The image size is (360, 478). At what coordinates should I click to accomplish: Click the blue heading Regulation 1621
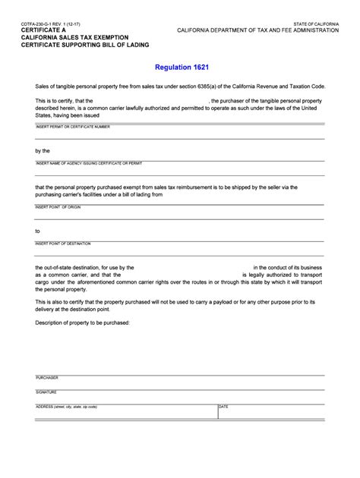pos(180,68)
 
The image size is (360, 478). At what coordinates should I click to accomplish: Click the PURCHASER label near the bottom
pos(48,377)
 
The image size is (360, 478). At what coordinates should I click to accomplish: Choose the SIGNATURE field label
pos(46,392)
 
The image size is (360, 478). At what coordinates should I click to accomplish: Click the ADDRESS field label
pos(66,406)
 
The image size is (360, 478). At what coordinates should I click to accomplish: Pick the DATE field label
pos(223,406)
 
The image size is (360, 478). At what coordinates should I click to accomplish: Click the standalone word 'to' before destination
pos(37,231)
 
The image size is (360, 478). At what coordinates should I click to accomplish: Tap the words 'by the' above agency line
pos(42,149)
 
